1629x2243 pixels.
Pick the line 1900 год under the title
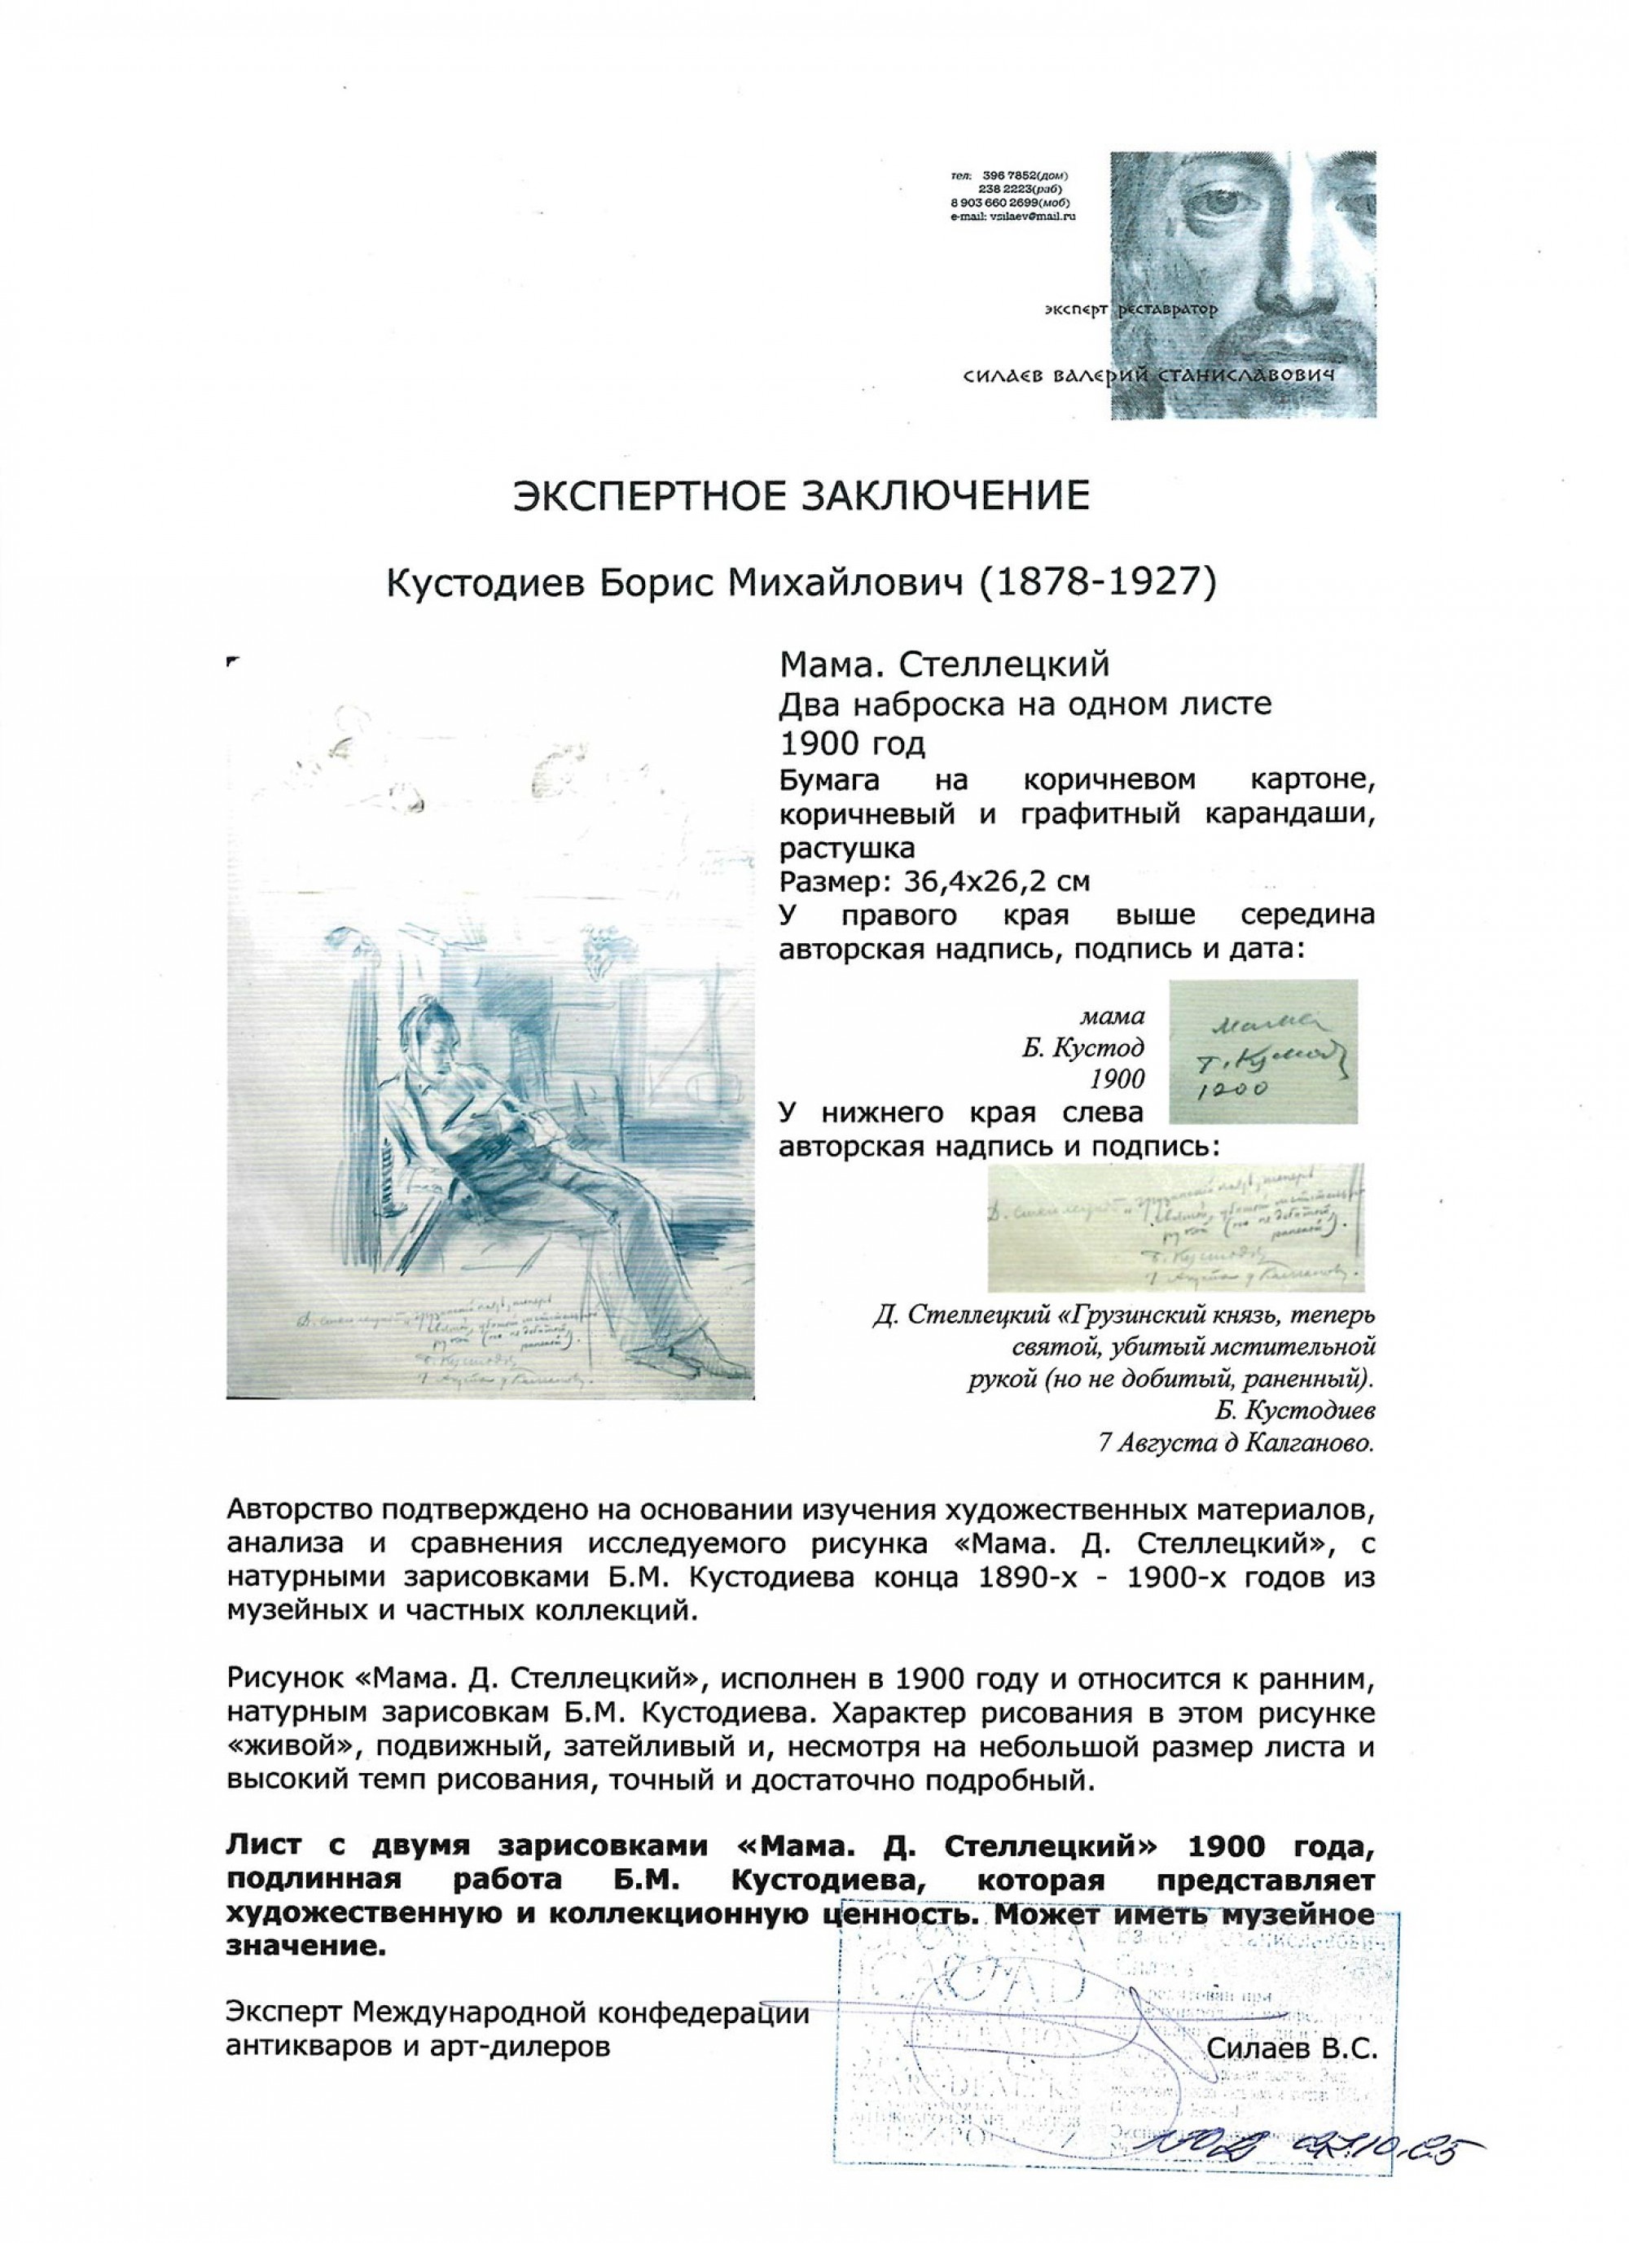(854, 742)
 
